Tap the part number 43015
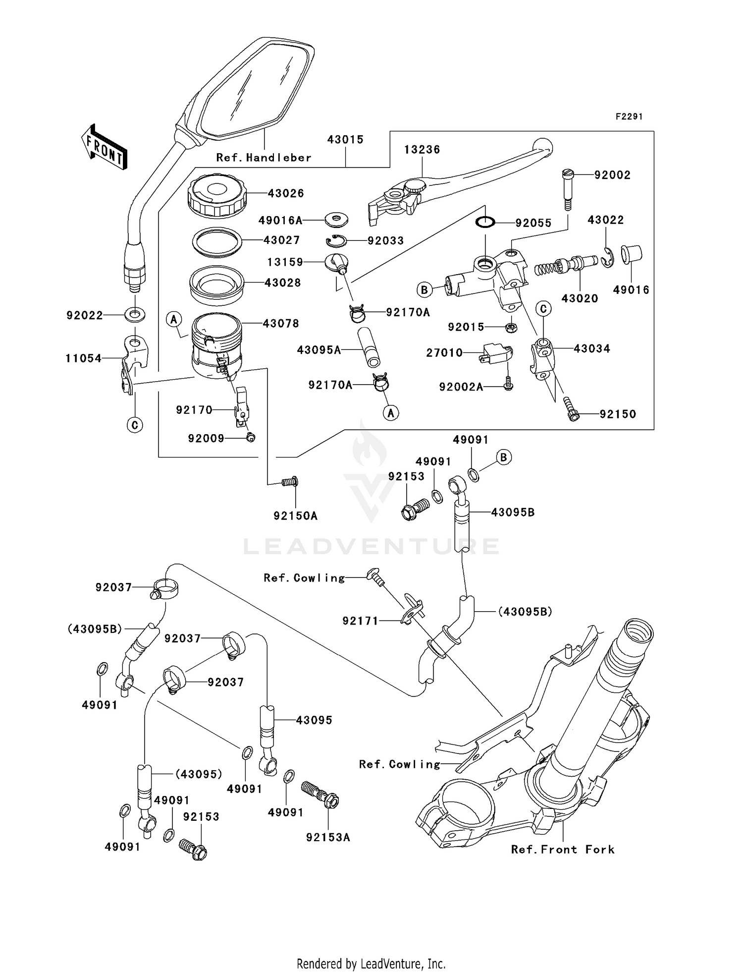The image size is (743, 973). pyautogui.click(x=345, y=140)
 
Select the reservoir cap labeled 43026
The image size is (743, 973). pyautogui.click(x=217, y=196)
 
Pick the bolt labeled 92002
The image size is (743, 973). pyautogui.click(x=568, y=190)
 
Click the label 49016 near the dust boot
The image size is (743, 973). pyautogui.click(x=631, y=290)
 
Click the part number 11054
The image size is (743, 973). pyautogui.click(x=83, y=358)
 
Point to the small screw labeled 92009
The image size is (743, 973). pyautogui.click(x=251, y=437)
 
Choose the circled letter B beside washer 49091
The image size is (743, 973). pyautogui.click(x=504, y=457)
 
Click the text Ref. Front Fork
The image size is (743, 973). pyautogui.click(x=563, y=850)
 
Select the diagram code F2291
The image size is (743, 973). pyautogui.click(x=629, y=116)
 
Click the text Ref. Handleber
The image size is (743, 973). pyautogui.click(x=264, y=158)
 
